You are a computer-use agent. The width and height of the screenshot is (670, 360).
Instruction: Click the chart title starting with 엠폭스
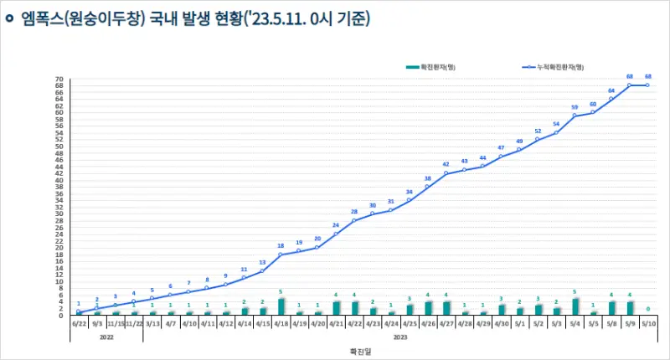(x=194, y=18)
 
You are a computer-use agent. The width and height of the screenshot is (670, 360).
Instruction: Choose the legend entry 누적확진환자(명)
(x=554, y=65)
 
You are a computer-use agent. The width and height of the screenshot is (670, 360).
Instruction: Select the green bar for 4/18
(x=281, y=307)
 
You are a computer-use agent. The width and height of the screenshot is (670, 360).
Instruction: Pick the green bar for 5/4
(x=575, y=307)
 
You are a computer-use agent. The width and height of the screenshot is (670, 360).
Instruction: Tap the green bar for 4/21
(x=336, y=309)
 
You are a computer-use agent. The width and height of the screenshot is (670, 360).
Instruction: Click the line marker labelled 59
(x=575, y=116)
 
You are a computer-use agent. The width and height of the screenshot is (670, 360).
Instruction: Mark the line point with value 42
(x=446, y=173)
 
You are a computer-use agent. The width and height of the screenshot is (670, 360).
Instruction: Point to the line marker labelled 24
(x=336, y=234)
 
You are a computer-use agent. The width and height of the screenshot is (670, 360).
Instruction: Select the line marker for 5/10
(x=647, y=85)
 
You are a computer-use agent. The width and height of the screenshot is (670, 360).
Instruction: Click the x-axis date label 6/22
(x=79, y=322)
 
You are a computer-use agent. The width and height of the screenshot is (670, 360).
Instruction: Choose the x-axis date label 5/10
(x=647, y=322)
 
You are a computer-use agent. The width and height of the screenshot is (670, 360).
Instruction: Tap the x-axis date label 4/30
(x=501, y=322)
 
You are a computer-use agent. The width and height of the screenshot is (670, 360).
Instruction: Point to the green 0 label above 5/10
(x=647, y=308)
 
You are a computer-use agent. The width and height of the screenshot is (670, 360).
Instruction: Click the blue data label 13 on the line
(x=263, y=262)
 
